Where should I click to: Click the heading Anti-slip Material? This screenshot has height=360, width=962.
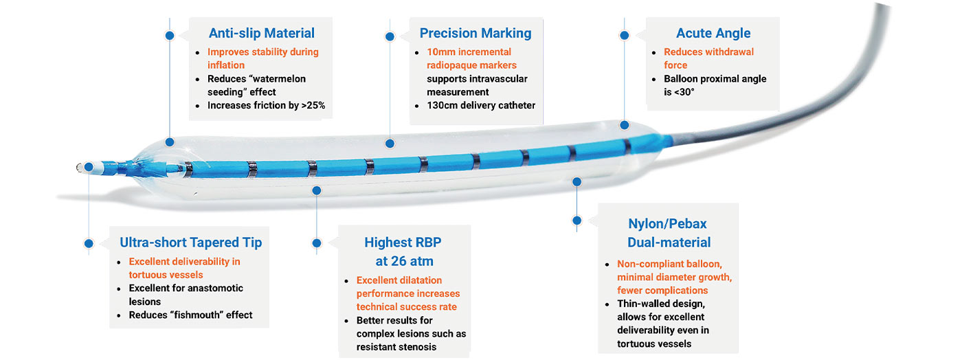click(x=262, y=33)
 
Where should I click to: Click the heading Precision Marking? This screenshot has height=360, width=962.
click(x=476, y=33)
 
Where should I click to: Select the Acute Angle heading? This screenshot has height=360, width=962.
click(x=713, y=33)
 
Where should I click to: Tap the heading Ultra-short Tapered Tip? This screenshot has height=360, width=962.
click(x=191, y=243)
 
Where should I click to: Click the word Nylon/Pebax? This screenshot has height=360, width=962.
click(x=667, y=224)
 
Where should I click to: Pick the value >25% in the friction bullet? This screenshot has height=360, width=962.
click(x=313, y=105)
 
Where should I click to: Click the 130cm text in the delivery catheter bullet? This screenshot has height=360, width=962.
click(x=442, y=105)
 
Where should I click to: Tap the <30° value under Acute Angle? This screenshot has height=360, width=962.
click(x=679, y=92)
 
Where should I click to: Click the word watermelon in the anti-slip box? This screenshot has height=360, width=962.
click(x=280, y=79)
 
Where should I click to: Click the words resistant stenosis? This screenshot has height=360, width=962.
click(x=396, y=347)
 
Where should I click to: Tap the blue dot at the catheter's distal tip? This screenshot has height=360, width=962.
click(x=89, y=167)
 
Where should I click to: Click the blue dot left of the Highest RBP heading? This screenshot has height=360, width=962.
click(x=317, y=243)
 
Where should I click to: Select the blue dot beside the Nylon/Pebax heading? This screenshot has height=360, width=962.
click(x=577, y=221)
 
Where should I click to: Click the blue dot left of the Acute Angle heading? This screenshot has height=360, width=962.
click(x=625, y=35)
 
